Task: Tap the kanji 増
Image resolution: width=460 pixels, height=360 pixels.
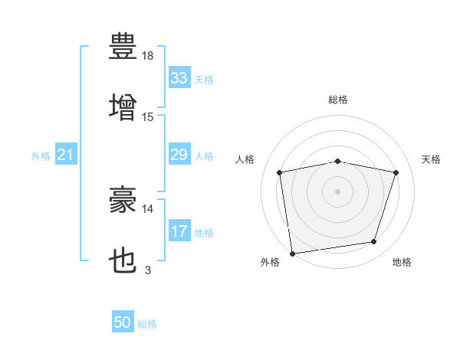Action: (x=123, y=105)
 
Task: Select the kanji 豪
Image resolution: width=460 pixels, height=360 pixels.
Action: (x=123, y=201)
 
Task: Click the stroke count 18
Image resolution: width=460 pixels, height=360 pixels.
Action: (x=148, y=55)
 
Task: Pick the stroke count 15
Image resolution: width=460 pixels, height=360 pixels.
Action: (x=148, y=116)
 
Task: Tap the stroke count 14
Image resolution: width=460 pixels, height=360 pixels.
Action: (x=148, y=208)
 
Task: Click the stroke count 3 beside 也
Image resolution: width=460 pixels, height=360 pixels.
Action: (x=148, y=270)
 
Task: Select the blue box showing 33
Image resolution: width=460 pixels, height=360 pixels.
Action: (x=179, y=78)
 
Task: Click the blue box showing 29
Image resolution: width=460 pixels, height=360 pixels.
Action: (x=179, y=155)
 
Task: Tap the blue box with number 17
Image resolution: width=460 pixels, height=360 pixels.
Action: (x=179, y=231)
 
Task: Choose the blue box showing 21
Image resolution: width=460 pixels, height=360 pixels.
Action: (x=65, y=155)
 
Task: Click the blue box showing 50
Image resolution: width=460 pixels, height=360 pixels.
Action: (x=123, y=323)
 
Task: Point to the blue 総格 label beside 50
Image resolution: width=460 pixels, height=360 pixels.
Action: (x=148, y=324)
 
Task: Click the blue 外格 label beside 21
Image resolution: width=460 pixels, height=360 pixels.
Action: (x=41, y=156)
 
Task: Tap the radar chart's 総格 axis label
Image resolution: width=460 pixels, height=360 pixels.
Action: (x=338, y=100)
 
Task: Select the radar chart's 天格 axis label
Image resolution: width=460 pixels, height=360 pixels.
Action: (x=432, y=159)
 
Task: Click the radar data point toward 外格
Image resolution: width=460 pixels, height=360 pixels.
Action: (x=292, y=253)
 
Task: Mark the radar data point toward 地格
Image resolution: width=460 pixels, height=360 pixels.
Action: (x=374, y=242)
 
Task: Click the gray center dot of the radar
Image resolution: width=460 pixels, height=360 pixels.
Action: (x=338, y=191)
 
